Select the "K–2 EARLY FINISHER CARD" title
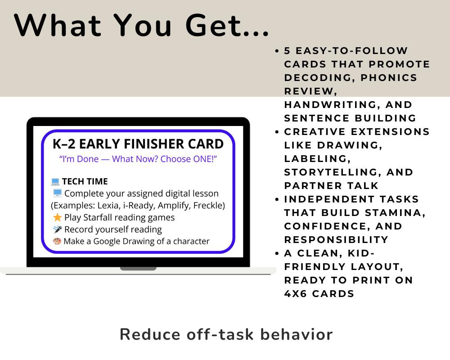pos(138,144)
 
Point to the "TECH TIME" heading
pos(85,181)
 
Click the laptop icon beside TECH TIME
pos(55,182)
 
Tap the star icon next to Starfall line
pos(57,217)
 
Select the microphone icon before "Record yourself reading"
pos(57,229)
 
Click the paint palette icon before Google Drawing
pos(57,242)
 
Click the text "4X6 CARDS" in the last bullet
pos(319,294)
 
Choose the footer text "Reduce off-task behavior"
pos(226,334)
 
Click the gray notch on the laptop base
pos(138,269)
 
